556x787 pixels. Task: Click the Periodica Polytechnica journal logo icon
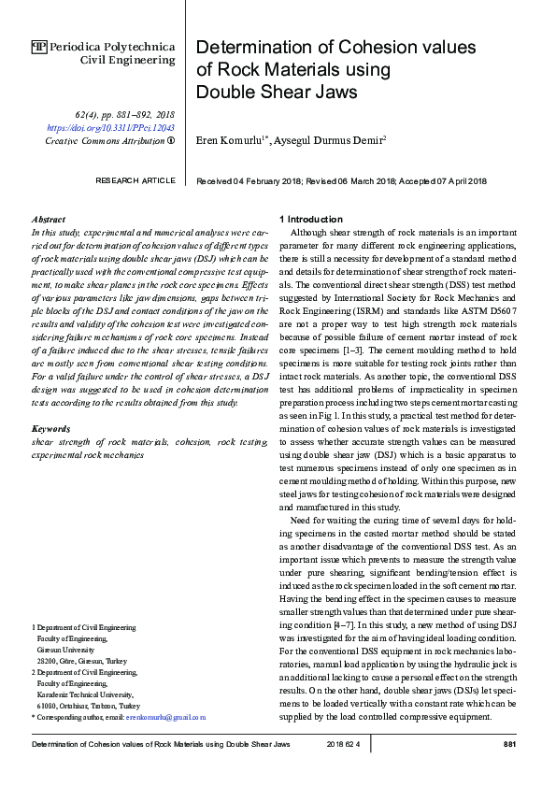pyautogui.click(x=38, y=46)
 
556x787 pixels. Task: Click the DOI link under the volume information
pyautogui.click(x=110, y=127)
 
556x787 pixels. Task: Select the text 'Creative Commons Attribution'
pyautogui.click(x=104, y=140)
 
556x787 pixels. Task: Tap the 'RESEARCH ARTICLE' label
pyautogui.click(x=135, y=180)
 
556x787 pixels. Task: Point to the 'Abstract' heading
pyautogui.click(x=48, y=218)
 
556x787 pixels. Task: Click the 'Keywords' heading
pyautogui.click(x=50, y=429)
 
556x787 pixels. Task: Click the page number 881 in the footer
pyautogui.click(x=510, y=745)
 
